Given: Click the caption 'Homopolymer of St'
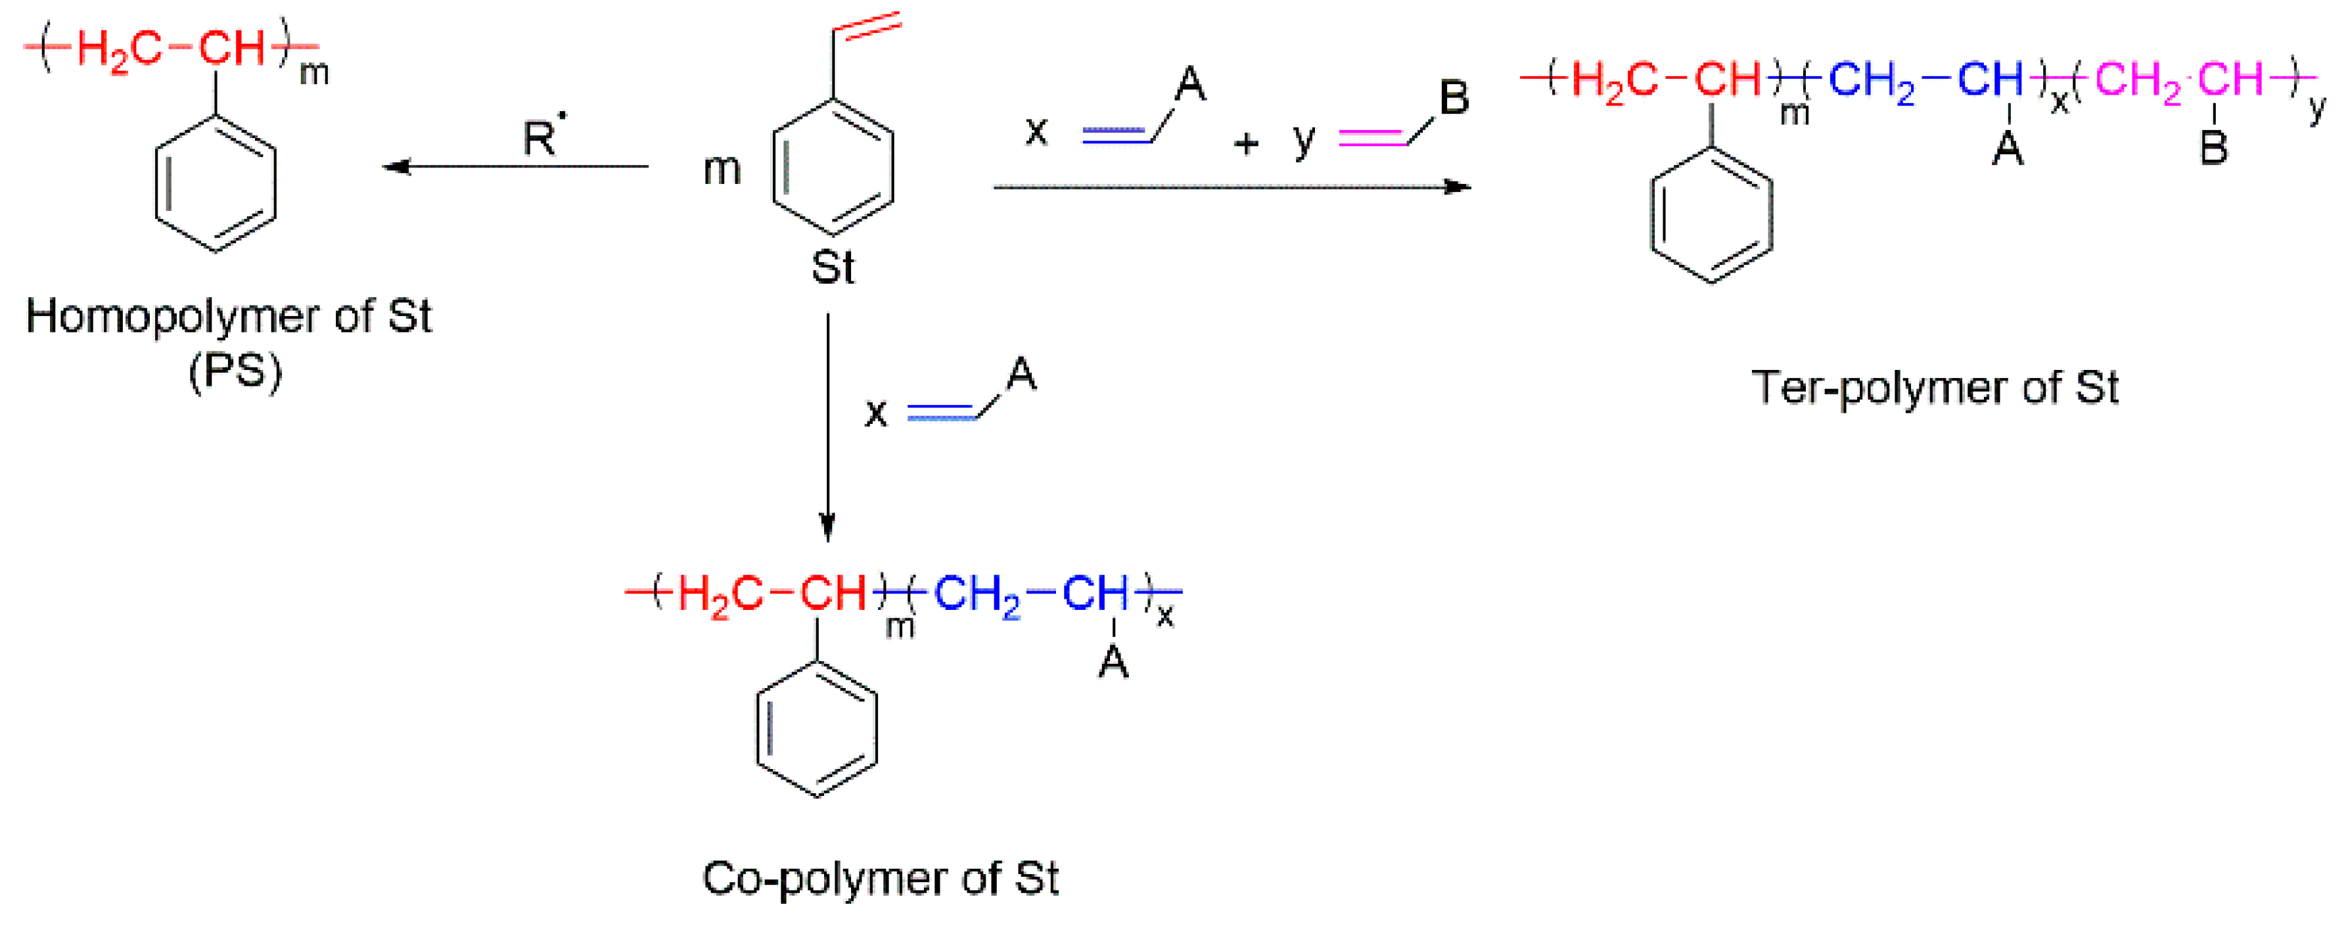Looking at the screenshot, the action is (x=228, y=317).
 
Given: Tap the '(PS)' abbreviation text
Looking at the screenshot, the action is (x=235, y=371).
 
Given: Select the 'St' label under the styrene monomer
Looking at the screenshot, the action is (x=832, y=267).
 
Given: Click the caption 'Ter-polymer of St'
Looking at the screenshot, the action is (x=1934, y=387).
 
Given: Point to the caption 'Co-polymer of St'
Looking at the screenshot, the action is (x=881, y=878).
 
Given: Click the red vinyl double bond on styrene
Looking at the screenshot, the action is (x=867, y=26).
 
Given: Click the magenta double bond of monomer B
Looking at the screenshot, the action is (x=1372, y=137).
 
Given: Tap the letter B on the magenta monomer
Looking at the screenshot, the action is (x=1453, y=97).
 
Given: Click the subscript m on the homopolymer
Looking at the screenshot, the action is (x=314, y=73).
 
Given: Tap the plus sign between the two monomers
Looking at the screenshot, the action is (x=1245, y=143).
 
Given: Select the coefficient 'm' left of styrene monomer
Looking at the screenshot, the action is (x=722, y=169).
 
